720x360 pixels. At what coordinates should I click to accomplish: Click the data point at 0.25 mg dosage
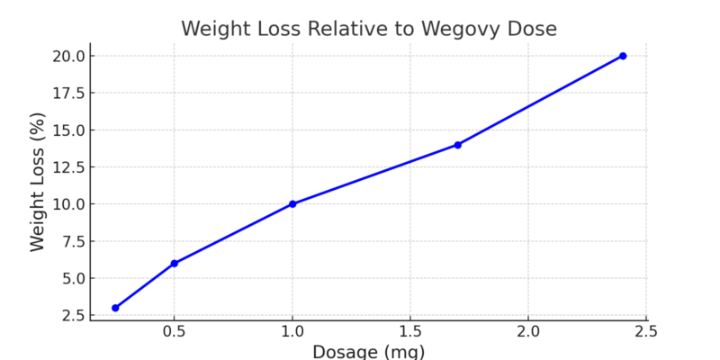click(115, 308)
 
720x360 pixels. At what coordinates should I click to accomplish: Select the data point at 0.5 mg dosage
click(174, 264)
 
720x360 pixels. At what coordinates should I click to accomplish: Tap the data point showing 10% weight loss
click(292, 204)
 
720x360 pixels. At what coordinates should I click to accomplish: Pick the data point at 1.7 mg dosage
click(457, 145)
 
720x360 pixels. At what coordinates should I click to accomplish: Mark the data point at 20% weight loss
click(622, 56)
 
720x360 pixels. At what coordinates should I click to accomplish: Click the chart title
click(369, 28)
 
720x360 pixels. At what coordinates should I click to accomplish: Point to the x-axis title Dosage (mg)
click(369, 351)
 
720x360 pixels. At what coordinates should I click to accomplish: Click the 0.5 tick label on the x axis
click(174, 332)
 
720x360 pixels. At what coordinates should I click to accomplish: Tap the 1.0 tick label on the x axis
click(292, 332)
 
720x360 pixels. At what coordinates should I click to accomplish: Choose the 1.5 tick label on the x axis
click(410, 332)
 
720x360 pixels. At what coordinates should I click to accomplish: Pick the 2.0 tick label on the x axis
click(528, 332)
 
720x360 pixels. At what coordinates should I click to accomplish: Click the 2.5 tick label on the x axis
click(645, 332)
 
